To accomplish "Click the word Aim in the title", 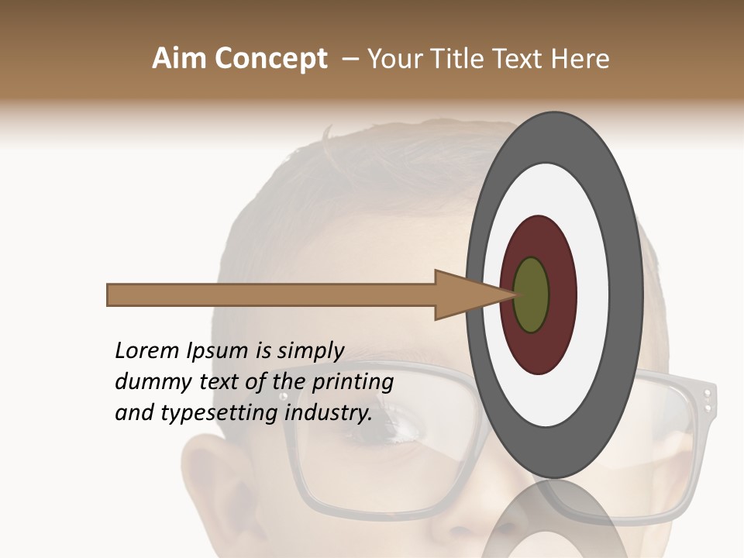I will [x=180, y=59].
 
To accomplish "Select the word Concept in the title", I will [x=271, y=59].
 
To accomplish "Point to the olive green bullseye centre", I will [x=531, y=294].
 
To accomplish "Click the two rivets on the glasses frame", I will [x=707, y=399].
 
